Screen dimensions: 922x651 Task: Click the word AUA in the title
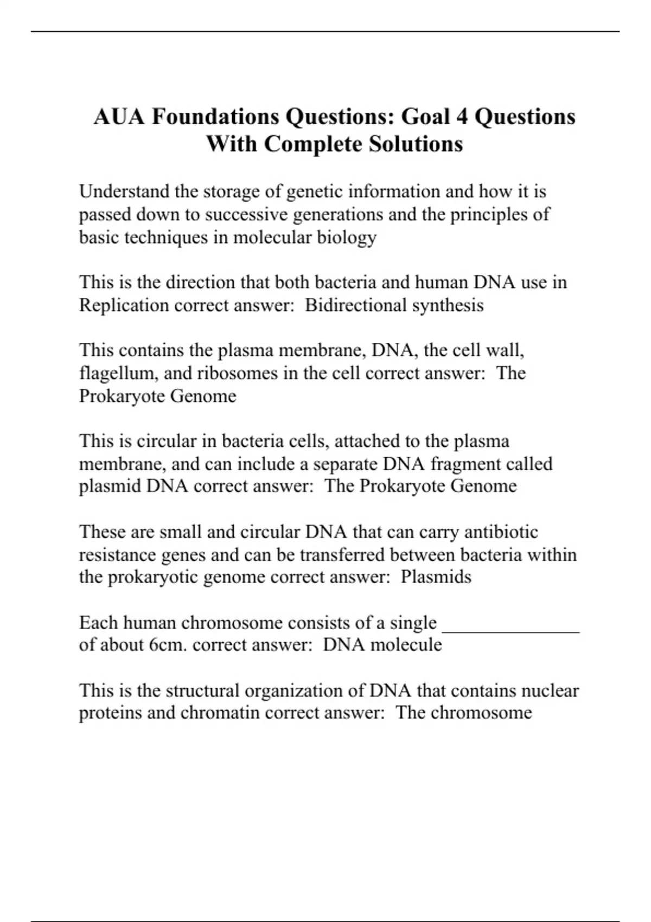[x=119, y=117]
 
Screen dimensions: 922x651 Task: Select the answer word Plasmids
[x=436, y=577]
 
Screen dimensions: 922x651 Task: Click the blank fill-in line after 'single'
[x=511, y=629]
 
